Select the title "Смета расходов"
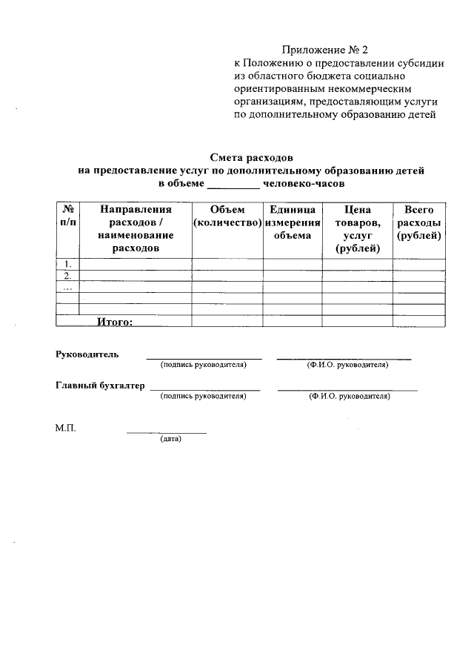252,158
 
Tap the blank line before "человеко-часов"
233,183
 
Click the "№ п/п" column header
67,216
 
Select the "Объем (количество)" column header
227,216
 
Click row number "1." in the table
67,264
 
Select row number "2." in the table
67,276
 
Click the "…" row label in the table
67,288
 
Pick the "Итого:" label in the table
114,321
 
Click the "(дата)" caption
170,439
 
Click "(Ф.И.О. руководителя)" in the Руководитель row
347,365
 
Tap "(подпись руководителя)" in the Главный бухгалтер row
203,397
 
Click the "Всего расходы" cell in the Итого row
419,321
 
